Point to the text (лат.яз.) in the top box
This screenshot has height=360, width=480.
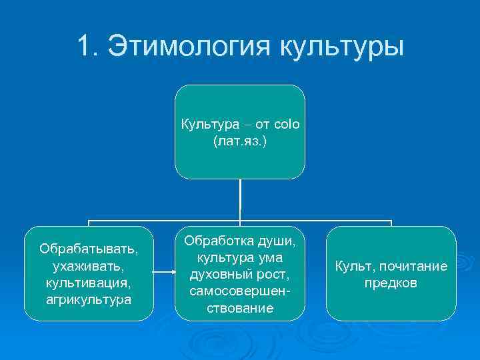240,141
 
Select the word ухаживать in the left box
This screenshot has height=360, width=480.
86,266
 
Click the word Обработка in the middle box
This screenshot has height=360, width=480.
213,238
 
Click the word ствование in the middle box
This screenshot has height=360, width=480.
240,307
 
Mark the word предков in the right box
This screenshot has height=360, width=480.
391,283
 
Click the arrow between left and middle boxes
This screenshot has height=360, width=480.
163,272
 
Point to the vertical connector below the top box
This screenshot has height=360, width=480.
240,200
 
